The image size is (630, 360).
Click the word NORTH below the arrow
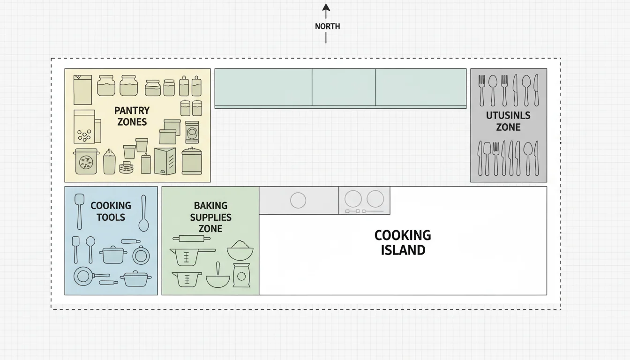(327, 26)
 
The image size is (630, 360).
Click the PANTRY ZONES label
(132, 116)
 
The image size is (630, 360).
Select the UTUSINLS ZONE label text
(508, 121)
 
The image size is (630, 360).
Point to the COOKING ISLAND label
(403, 242)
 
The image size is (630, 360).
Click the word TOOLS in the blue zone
(111, 217)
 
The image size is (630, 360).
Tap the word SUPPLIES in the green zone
(210, 217)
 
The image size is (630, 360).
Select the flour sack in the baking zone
(241, 276)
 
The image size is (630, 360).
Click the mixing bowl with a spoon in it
(218, 279)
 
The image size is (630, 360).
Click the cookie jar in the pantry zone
(86, 161)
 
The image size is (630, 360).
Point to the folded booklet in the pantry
(165, 161)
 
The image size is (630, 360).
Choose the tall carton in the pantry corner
(82, 89)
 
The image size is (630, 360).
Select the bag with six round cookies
(84, 127)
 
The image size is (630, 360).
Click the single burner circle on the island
(298, 201)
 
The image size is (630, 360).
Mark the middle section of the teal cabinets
(344, 87)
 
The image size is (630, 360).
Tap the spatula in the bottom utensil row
(487, 158)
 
